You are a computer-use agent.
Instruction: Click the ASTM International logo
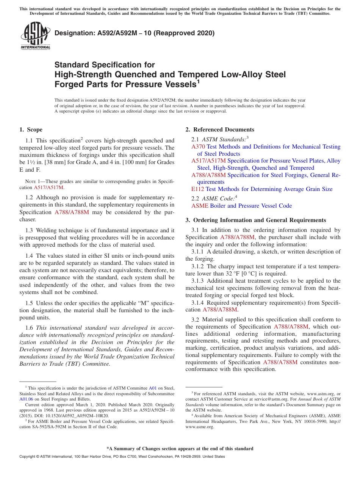click(x=35, y=36)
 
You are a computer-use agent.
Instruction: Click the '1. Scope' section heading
click(x=31, y=130)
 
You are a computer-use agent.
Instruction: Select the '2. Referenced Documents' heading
click(x=220, y=130)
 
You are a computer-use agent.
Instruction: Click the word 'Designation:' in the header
click(x=73, y=33)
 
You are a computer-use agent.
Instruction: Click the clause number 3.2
click(x=196, y=320)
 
